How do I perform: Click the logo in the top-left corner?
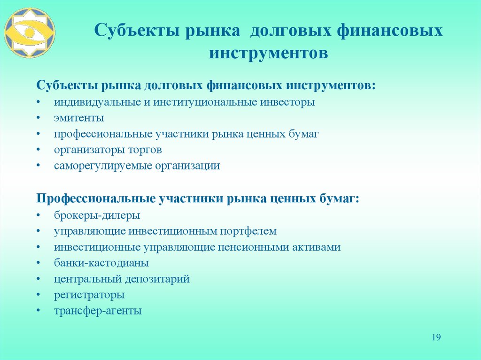point(30,32)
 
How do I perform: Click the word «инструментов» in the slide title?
point(268,52)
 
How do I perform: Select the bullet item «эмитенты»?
point(78,118)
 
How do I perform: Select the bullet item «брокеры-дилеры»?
point(96,215)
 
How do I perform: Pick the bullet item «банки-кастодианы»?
point(101,263)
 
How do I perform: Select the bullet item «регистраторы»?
point(89,295)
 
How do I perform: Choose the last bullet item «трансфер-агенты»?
point(97,311)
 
